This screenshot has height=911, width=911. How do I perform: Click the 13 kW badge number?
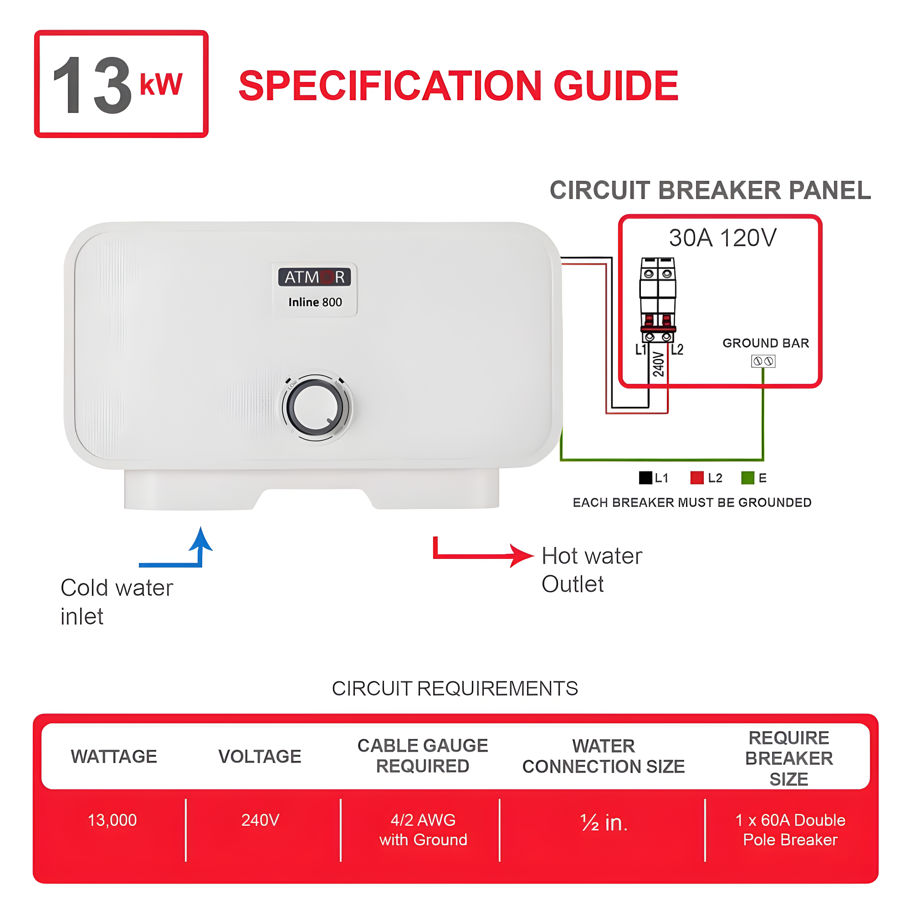92,85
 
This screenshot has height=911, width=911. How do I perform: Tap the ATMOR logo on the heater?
314,277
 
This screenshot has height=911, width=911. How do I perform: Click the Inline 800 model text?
315,302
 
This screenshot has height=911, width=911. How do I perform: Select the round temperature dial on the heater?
316,407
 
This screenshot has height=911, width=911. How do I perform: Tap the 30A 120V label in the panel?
722,238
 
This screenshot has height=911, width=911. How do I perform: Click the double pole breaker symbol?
658,300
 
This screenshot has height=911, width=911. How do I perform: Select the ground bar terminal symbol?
763,361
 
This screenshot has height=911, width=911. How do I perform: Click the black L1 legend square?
645,478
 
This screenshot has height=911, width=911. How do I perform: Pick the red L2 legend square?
696,478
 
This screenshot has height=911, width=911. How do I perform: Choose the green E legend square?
747,478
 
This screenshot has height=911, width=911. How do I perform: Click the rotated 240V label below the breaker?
658,364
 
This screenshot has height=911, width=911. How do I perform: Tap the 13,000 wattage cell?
112,820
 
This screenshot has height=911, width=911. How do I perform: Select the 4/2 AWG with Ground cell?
423,829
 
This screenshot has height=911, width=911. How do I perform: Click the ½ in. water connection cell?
604,823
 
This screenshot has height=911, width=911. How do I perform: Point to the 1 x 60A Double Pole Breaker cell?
790,829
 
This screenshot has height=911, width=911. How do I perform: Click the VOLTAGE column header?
259,756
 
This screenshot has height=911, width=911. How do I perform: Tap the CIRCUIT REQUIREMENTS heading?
455,688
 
